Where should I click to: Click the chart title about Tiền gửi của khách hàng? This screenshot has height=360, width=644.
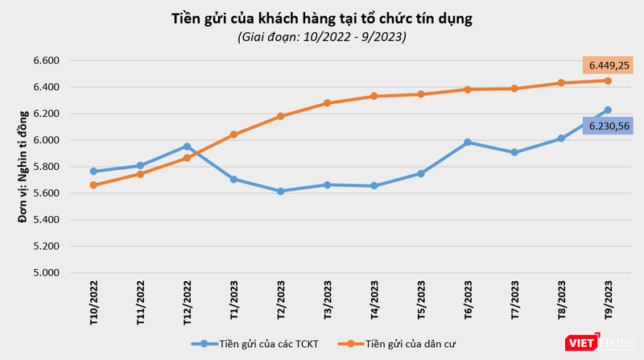pyautogui.click(x=321, y=18)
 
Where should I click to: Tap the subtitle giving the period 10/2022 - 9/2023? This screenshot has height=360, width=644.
pyautogui.click(x=321, y=36)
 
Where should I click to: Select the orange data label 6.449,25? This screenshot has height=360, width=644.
pyautogui.click(x=608, y=64)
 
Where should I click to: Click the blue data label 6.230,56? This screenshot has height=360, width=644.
pyautogui.click(x=608, y=126)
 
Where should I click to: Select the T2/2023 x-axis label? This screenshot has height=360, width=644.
pyautogui.click(x=281, y=300)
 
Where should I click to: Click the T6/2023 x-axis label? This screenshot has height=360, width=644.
pyautogui.click(x=468, y=300)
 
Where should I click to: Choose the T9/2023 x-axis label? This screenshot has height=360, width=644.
pyautogui.click(x=608, y=300)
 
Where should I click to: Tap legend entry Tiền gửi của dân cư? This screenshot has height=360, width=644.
pyautogui.click(x=402, y=344)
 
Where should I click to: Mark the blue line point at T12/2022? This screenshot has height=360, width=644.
pyautogui.click(x=187, y=147)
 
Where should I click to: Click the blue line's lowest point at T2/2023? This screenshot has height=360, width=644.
pyautogui.click(x=280, y=191)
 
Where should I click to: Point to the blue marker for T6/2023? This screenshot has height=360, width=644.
pyautogui.click(x=468, y=143)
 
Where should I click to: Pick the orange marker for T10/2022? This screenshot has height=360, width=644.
pyautogui.click(x=93, y=185)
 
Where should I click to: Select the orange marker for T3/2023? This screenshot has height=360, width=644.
pyautogui.click(x=328, y=103)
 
